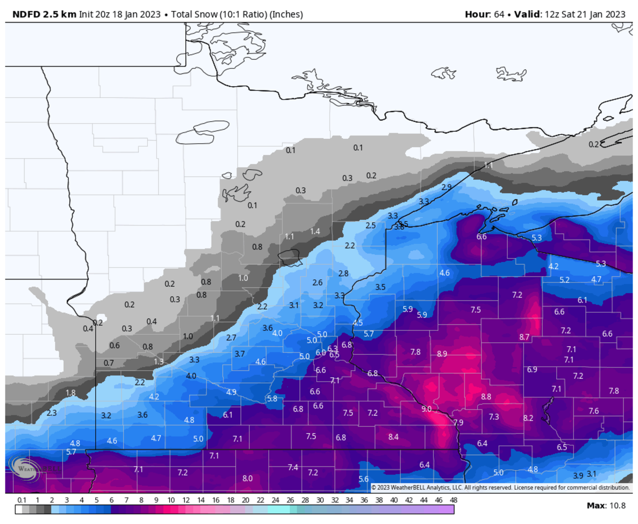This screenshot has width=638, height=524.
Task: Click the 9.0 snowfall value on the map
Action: click(426, 409)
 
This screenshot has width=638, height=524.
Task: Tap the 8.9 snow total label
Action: click(442, 354)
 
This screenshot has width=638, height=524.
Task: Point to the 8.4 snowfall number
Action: click(393, 437)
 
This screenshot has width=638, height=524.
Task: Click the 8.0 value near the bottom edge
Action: click(247, 478)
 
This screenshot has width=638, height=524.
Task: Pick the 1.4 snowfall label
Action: click(315, 231)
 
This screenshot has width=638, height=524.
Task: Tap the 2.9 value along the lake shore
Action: click(447, 187)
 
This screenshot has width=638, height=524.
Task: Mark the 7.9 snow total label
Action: click(458, 422)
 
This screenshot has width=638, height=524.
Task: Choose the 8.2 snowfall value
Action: click(528, 418)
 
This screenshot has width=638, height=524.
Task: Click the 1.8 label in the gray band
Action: click(70, 393)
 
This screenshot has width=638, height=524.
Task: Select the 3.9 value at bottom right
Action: click(578, 475)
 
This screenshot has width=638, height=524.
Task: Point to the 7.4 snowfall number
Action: click(293, 467)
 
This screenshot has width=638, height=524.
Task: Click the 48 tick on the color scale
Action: click(454, 501)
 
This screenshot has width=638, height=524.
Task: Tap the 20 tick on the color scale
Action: click(245, 501)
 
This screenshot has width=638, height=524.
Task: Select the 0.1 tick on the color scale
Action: click(22, 501)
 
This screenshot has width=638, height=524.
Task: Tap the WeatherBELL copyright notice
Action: click(500, 487)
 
